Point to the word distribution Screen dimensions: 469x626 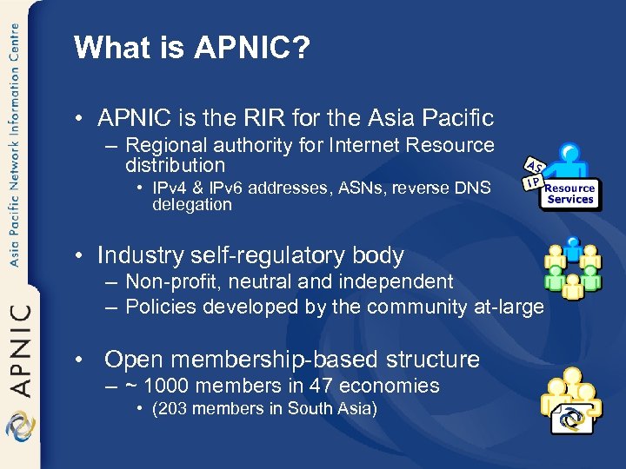(x=175, y=165)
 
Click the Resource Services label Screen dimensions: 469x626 (x=570, y=194)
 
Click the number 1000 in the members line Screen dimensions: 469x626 (x=169, y=386)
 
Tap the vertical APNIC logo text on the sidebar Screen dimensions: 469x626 (x=21, y=347)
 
